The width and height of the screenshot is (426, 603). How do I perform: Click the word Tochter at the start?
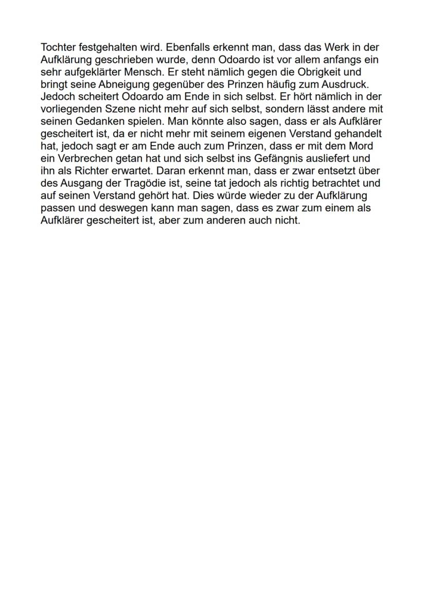point(58,47)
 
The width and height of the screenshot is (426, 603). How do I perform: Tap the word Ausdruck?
point(347,84)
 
